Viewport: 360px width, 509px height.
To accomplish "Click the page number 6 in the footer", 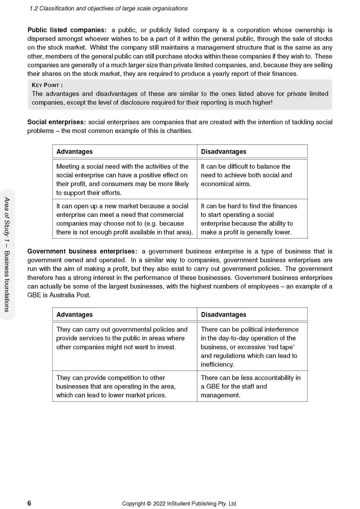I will [29, 503].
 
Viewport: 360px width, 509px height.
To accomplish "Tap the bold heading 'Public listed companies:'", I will [67, 30].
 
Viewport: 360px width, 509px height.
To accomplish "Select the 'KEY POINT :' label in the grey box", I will [47, 85].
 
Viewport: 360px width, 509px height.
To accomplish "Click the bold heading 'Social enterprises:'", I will [56, 122].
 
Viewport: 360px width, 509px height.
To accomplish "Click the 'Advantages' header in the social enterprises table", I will [75, 151].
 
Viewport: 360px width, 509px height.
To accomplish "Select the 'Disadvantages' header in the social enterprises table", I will [224, 151].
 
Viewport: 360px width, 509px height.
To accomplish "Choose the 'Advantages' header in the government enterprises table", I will [75, 314].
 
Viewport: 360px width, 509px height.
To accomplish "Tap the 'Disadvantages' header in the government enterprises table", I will [224, 314].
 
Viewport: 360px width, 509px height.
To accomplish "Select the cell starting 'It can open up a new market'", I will [124, 219].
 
